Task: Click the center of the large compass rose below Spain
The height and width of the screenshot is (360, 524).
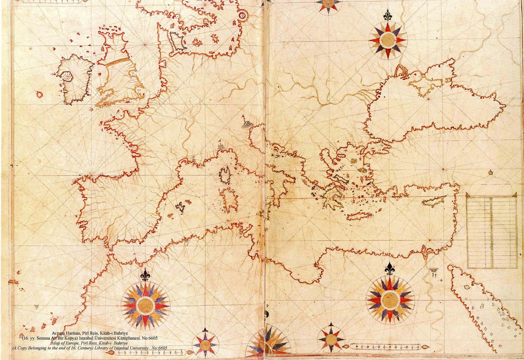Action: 145,305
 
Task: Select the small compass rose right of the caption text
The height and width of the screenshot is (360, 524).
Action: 205,344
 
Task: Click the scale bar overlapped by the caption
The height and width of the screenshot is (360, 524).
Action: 147,352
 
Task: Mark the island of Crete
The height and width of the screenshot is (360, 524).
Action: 359,216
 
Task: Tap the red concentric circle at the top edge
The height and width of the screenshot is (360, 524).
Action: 242,14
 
